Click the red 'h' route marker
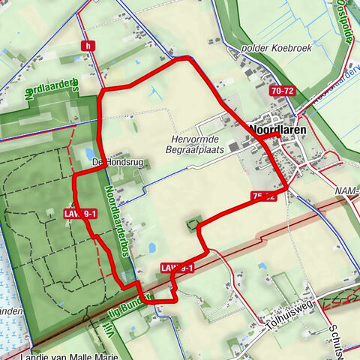click(x=89, y=46)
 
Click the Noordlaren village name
click(x=274, y=129)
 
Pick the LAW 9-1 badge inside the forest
click(x=80, y=214)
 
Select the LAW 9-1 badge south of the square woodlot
click(x=177, y=268)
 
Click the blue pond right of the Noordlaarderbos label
click(x=151, y=247)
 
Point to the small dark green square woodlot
click(x=194, y=223)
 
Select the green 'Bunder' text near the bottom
click(x=138, y=298)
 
